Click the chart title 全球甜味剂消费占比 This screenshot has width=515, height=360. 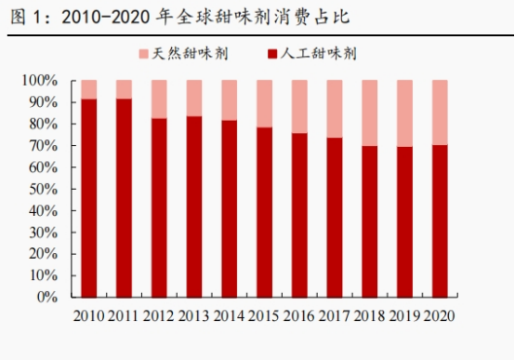(263, 17)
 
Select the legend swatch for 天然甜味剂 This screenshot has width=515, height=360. (144, 54)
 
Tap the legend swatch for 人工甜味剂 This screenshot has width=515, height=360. (272, 54)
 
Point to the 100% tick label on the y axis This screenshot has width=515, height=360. (40, 80)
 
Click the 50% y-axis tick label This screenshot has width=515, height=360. (44, 189)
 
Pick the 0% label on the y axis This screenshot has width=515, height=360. (47, 297)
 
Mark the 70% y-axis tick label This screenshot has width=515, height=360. (44, 146)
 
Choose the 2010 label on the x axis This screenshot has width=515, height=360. (88, 316)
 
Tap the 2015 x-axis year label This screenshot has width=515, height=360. (264, 316)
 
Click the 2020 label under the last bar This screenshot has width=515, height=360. (440, 316)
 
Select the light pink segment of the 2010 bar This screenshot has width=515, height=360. (89, 89)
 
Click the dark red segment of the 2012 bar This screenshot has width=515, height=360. (159, 207)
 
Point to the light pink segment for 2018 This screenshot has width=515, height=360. (369, 113)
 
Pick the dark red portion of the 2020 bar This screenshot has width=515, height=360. (440, 221)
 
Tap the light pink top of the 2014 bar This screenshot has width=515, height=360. (230, 100)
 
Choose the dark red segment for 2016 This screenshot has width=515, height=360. (299, 215)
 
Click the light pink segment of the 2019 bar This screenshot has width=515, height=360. (404, 113)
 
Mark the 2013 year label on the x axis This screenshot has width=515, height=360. (193, 316)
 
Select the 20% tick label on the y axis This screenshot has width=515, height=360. (44, 254)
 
